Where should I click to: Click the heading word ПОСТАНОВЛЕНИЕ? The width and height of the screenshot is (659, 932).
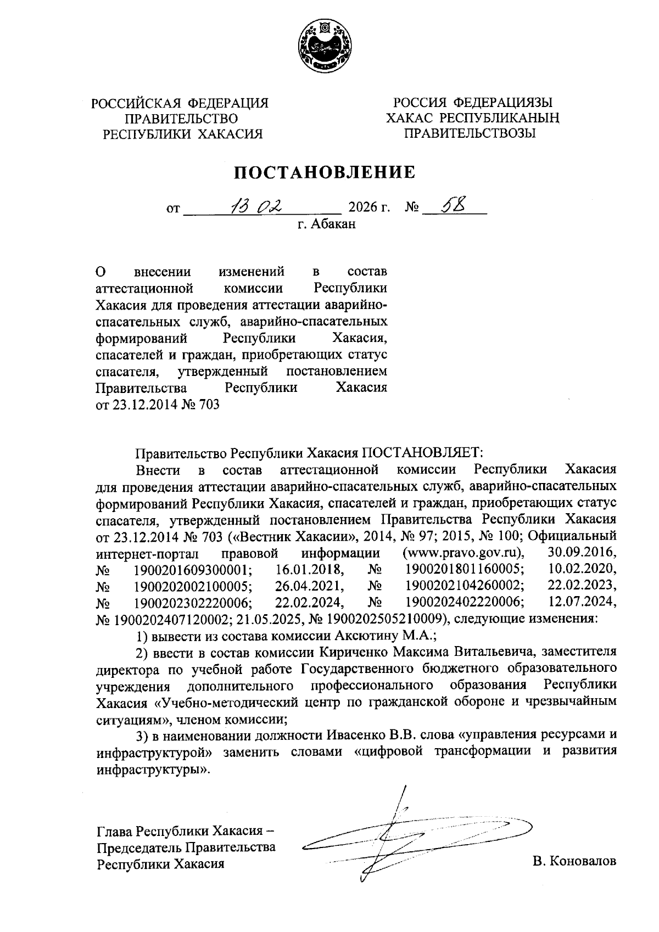coord(325,173)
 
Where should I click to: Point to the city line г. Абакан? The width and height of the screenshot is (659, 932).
coord(327,224)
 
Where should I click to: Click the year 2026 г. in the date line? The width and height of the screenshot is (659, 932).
coord(369,208)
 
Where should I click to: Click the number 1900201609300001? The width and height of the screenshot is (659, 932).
coord(192,568)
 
